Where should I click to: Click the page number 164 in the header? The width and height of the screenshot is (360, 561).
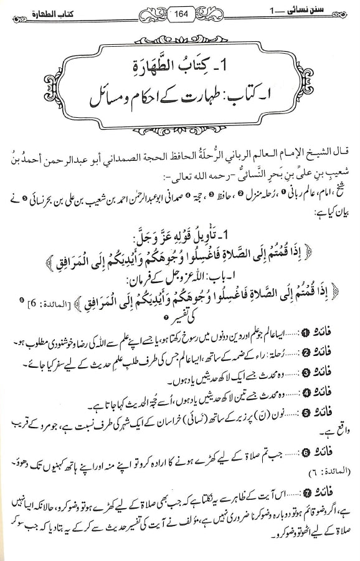[x=179, y=13]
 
